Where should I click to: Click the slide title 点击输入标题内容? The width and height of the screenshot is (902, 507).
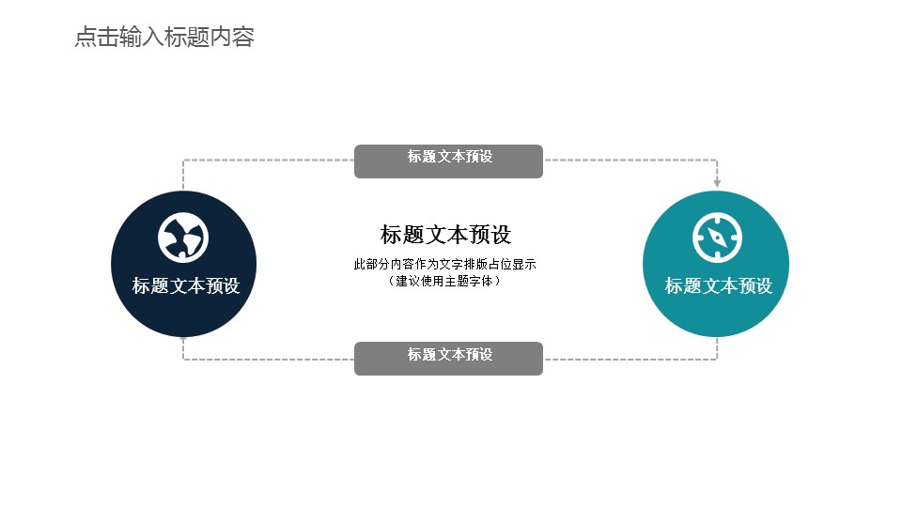click(x=164, y=37)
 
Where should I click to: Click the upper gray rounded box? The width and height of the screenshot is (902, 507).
click(x=449, y=161)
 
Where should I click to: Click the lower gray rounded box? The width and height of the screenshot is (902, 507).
click(x=449, y=359)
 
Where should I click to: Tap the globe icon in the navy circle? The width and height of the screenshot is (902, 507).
click(x=183, y=238)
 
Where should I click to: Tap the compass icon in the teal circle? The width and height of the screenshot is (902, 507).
click(x=717, y=238)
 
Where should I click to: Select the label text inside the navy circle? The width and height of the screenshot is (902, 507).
click(x=186, y=285)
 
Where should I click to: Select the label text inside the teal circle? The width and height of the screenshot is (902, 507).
click(x=719, y=285)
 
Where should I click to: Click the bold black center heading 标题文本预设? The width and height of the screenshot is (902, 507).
click(x=445, y=235)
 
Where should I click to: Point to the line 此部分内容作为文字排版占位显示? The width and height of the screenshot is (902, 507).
click(x=445, y=265)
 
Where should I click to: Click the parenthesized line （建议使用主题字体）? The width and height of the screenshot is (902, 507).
click(x=444, y=281)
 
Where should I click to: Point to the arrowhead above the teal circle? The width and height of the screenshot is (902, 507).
click(x=717, y=183)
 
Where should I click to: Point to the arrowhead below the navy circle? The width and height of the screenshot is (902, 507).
click(x=183, y=340)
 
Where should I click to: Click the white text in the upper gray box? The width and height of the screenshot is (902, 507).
click(x=450, y=157)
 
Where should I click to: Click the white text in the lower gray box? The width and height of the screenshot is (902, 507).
click(x=450, y=354)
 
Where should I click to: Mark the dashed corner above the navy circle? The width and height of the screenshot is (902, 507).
click(x=183, y=160)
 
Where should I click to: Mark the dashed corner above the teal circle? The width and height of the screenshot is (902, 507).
click(x=717, y=160)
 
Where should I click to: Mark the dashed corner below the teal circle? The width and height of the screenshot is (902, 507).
click(x=717, y=360)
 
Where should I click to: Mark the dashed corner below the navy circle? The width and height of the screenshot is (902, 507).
click(x=183, y=360)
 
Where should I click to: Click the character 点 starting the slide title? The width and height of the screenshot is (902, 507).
click(x=86, y=37)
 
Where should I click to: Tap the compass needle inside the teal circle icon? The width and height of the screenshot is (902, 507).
click(x=717, y=238)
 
